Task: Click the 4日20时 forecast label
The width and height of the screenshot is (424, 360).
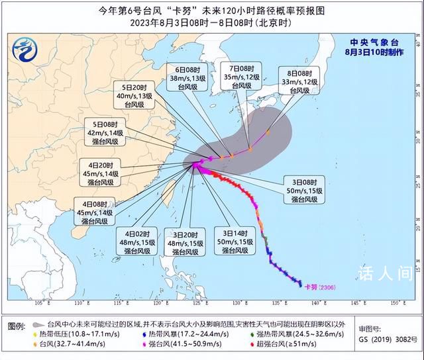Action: pyautogui.click(x=101, y=173)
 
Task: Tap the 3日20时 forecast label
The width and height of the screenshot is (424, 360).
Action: pyautogui.click(x=185, y=243)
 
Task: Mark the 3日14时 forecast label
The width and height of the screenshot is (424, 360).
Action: pyautogui.click(x=235, y=242)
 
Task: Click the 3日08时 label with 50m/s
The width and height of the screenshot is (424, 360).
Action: pyautogui.click(x=305, y=191)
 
